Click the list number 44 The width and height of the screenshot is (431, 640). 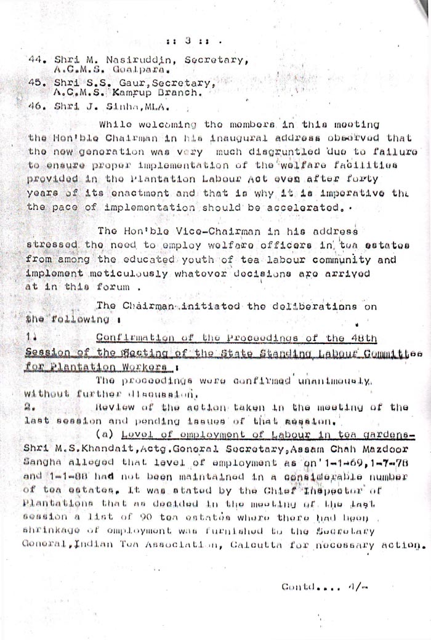point(35,60)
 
